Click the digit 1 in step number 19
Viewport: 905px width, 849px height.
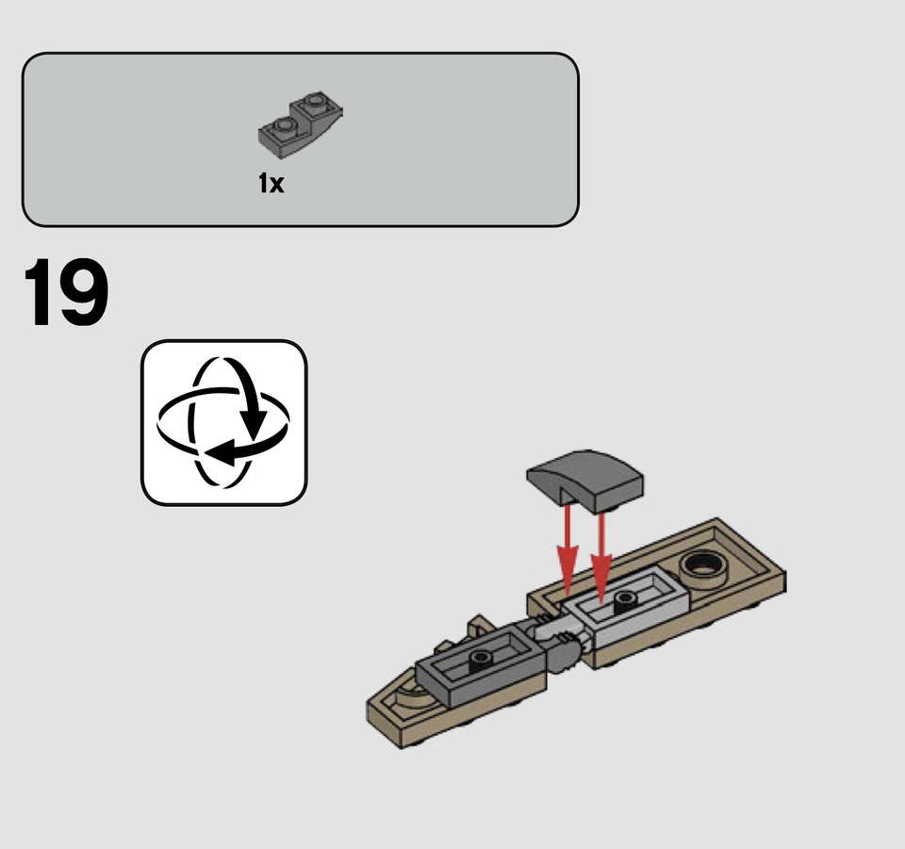(x=39, y=292)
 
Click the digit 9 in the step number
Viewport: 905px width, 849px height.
(x=83, y=292)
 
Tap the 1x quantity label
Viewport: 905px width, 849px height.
(x=271, y=184)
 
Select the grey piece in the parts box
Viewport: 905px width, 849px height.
(x=300, y=124)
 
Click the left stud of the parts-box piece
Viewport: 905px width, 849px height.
(x=284, y=124)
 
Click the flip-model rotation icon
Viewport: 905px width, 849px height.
(x=224, y=423)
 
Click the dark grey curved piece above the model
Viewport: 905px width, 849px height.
(x=584, y=480)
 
